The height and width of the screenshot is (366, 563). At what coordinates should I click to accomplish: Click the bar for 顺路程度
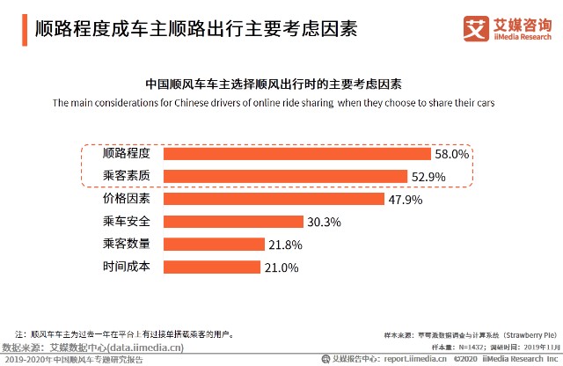(x=297, y=153)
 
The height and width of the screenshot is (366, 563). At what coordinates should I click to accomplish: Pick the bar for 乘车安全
(x=232, y=222)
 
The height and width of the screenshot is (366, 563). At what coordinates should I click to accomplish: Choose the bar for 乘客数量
(x=213, y=244)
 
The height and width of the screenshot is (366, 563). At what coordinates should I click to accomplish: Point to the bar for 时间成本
(x=211, y=267)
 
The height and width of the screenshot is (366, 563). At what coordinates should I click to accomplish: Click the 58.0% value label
(x=452, y=154)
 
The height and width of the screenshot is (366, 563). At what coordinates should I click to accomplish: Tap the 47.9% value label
(x=405, y=200)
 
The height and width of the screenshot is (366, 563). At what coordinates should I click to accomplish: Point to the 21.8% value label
(x=285, y=245)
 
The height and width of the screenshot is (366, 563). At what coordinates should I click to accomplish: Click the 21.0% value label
(x=281, y=267)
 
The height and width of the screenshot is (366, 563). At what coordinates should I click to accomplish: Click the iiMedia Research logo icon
(x=476, y=29)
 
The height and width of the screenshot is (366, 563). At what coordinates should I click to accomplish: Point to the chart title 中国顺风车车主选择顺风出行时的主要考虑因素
(x=273, y=85)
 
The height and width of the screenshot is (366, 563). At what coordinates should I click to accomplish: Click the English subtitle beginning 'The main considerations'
(x=273, y=103)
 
